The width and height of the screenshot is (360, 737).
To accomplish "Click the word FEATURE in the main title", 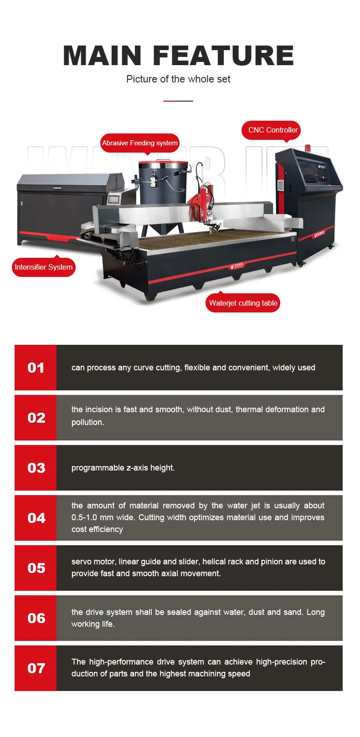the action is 223,56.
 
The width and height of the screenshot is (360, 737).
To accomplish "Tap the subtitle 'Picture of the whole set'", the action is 178,79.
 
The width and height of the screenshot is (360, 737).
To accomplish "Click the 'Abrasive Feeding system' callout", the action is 140,143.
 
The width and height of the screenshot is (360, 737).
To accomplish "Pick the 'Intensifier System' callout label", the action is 43,267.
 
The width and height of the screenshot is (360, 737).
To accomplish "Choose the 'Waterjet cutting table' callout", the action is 243,303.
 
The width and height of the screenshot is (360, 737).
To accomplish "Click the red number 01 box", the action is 36,368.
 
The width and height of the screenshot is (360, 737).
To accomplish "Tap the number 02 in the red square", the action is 36,418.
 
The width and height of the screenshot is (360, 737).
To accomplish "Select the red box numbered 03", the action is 36,467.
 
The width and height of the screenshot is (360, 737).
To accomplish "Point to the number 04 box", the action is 36,518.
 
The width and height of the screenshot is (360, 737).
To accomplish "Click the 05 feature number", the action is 36,568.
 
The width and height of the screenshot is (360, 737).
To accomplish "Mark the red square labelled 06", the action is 36,618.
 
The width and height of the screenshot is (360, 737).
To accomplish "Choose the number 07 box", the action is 36,668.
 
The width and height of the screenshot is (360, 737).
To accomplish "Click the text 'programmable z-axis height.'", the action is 123,468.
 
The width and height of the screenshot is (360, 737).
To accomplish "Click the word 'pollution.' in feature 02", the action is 87,422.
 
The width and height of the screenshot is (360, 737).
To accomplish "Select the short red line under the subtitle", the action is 178,101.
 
